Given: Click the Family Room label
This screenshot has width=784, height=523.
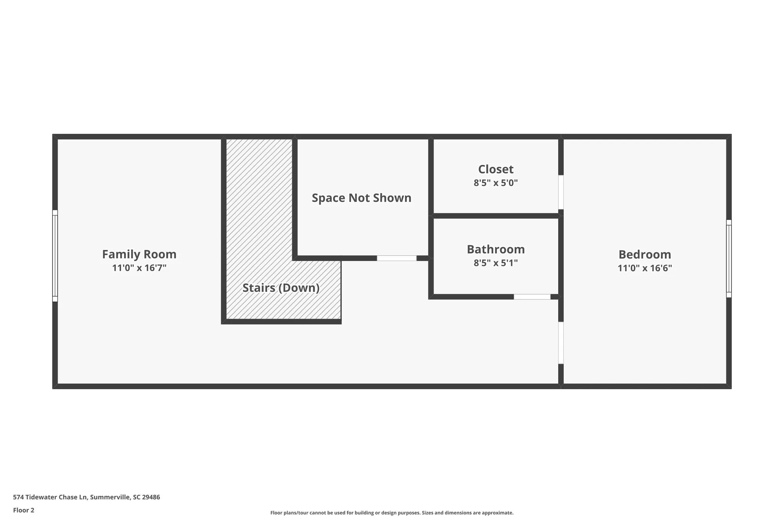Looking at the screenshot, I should [139, 254].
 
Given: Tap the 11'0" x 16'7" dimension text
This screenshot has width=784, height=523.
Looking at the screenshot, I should [139, 268].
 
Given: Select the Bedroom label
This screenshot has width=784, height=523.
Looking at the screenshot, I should [644, 255].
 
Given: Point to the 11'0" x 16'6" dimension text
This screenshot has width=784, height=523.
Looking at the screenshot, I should [644, 268].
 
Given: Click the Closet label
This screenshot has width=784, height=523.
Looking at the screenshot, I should [495, 169].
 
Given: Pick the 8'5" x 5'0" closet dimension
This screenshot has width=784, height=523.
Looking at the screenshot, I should [495, 183].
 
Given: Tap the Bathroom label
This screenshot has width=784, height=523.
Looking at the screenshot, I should [495, 249].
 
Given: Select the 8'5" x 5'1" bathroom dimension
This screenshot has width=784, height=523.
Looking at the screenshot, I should [495, 263].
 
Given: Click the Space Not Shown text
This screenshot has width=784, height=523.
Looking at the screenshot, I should [361, 198].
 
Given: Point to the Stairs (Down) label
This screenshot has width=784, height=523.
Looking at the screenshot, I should [281, 288].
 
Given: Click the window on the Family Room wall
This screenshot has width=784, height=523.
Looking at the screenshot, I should [55, 256].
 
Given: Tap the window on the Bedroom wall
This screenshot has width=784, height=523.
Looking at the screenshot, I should [729, 259].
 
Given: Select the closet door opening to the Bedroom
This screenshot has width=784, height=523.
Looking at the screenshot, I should [561, 192].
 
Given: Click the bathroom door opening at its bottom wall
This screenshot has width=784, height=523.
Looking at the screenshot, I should [532, 297].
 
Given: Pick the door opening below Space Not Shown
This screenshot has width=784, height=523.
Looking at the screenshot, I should [396, 258].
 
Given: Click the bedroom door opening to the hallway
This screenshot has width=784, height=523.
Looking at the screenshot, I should [561, 343].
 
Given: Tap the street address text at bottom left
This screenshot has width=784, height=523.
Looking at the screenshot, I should [86, 497].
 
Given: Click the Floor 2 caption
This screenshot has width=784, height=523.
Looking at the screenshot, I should [24, 510].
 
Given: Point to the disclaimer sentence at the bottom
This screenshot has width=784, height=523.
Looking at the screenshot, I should [392, 513].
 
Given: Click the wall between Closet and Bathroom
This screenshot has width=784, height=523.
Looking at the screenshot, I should [495, 216].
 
